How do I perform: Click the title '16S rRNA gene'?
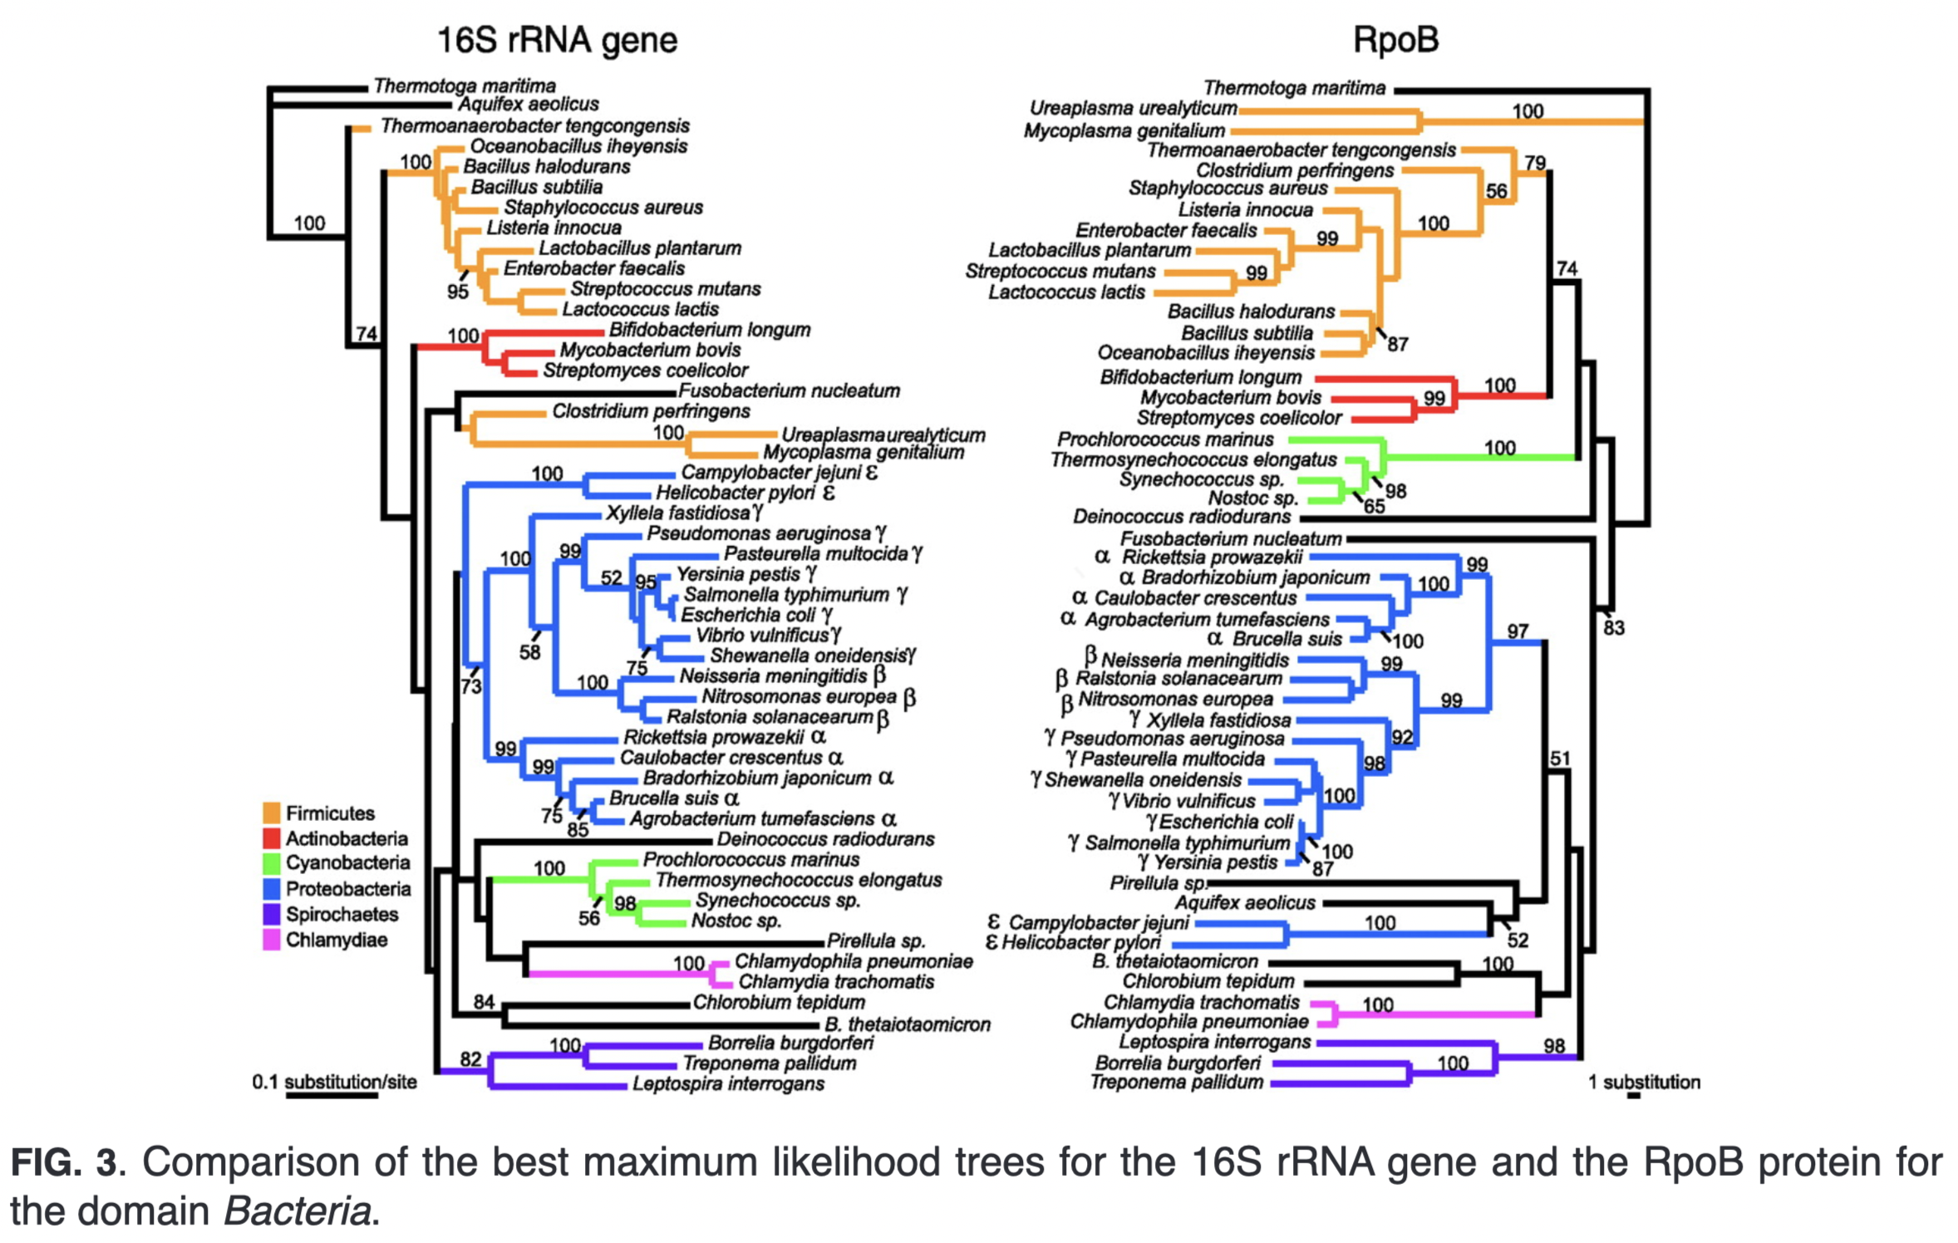557,40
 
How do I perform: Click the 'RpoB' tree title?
1395,39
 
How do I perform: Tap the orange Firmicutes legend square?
271,813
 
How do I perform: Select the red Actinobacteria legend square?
271,838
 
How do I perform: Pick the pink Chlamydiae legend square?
271,940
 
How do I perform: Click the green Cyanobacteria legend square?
271,862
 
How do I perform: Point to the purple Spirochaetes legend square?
271,914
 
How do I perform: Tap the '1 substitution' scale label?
1644,1082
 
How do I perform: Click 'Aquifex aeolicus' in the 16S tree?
529,105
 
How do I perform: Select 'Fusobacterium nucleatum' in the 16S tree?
789,391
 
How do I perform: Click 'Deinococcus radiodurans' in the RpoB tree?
1182,517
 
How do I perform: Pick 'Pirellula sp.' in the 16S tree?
876,941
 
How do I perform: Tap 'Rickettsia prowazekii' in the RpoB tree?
1212,558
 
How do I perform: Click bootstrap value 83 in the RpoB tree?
1613,628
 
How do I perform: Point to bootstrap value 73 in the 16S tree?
470,686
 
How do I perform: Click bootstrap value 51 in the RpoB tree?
1560,759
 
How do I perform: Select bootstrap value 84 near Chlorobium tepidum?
484,1002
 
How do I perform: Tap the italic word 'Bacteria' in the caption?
296,1211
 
